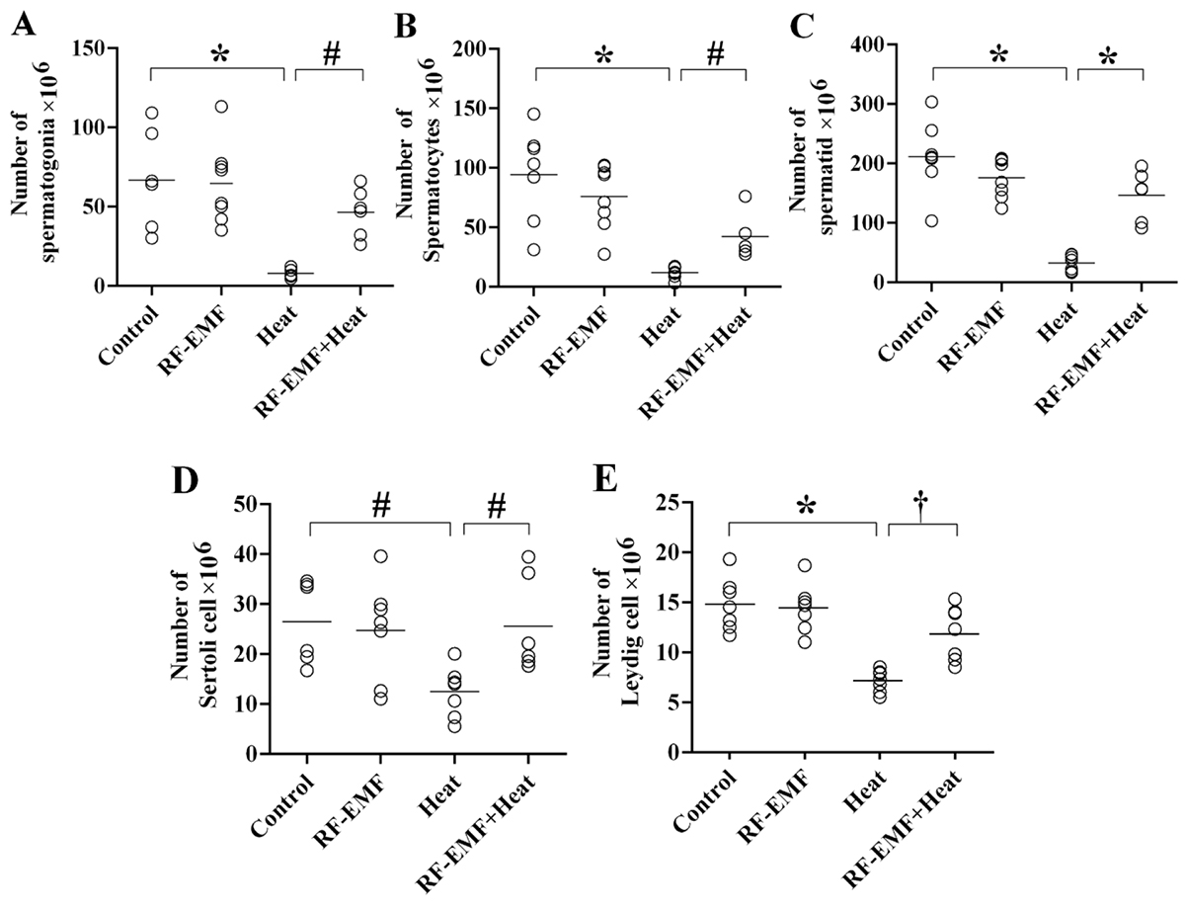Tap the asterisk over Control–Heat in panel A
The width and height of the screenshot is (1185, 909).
click(218, 55)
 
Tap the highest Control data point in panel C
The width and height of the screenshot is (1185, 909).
click(931, 102)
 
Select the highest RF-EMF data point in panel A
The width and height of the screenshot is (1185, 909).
click(222, 107)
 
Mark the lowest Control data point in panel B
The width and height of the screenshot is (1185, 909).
click(534, 250)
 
